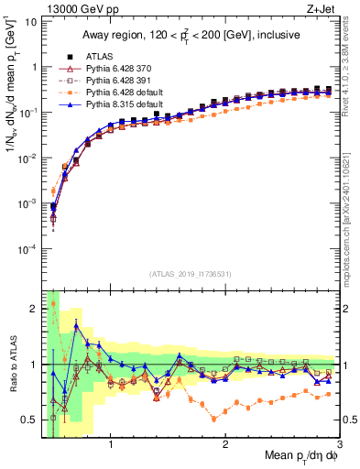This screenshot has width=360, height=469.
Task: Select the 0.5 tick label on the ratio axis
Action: click(29, 420)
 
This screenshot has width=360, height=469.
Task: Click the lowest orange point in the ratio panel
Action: click(214, 419)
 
